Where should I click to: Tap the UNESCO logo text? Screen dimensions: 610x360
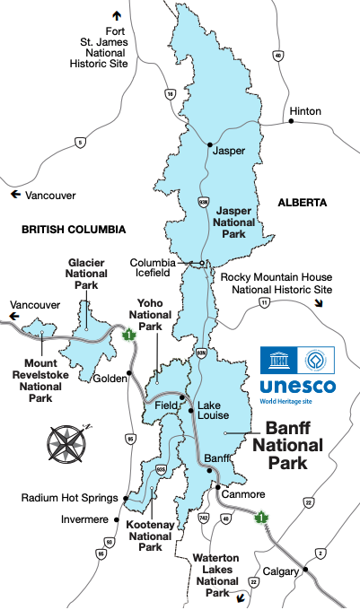[x=297, y=387]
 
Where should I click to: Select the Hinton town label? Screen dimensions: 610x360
[x=305, y=112]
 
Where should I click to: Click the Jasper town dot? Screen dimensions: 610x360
[x=209, y=144]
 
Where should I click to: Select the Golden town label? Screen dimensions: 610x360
[x=110, y=379]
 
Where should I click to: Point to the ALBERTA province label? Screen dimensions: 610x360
[x=302, y=204]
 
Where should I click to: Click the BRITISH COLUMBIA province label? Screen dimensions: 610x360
[x=74, y=230]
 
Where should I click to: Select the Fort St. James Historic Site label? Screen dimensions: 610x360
[x=104, y=48]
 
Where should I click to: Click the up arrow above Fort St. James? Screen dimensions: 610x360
[x=116, y=15]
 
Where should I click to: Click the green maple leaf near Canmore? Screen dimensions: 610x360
[x=262, y=518]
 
